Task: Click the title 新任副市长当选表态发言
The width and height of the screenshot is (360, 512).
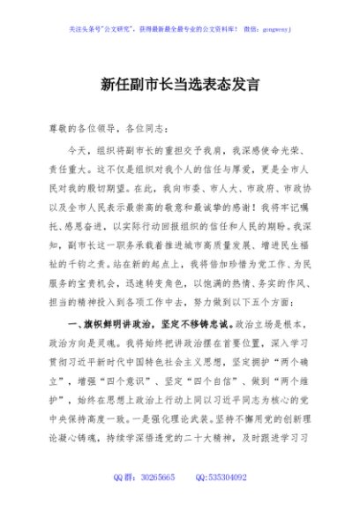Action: pyautogui.click(x=179, y=87)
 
